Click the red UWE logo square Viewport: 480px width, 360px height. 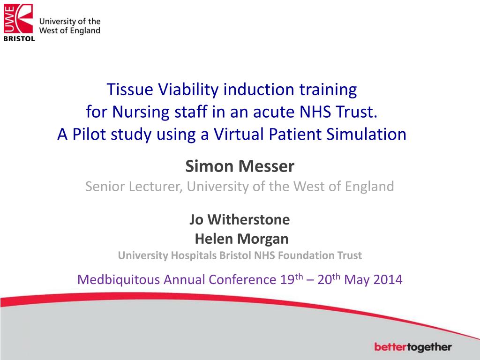18,18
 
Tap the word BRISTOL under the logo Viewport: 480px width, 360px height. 19,39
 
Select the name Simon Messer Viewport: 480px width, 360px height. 240,166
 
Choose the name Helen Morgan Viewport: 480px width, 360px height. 241,239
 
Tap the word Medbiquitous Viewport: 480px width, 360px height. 118,280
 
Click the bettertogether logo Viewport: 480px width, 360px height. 413,347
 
